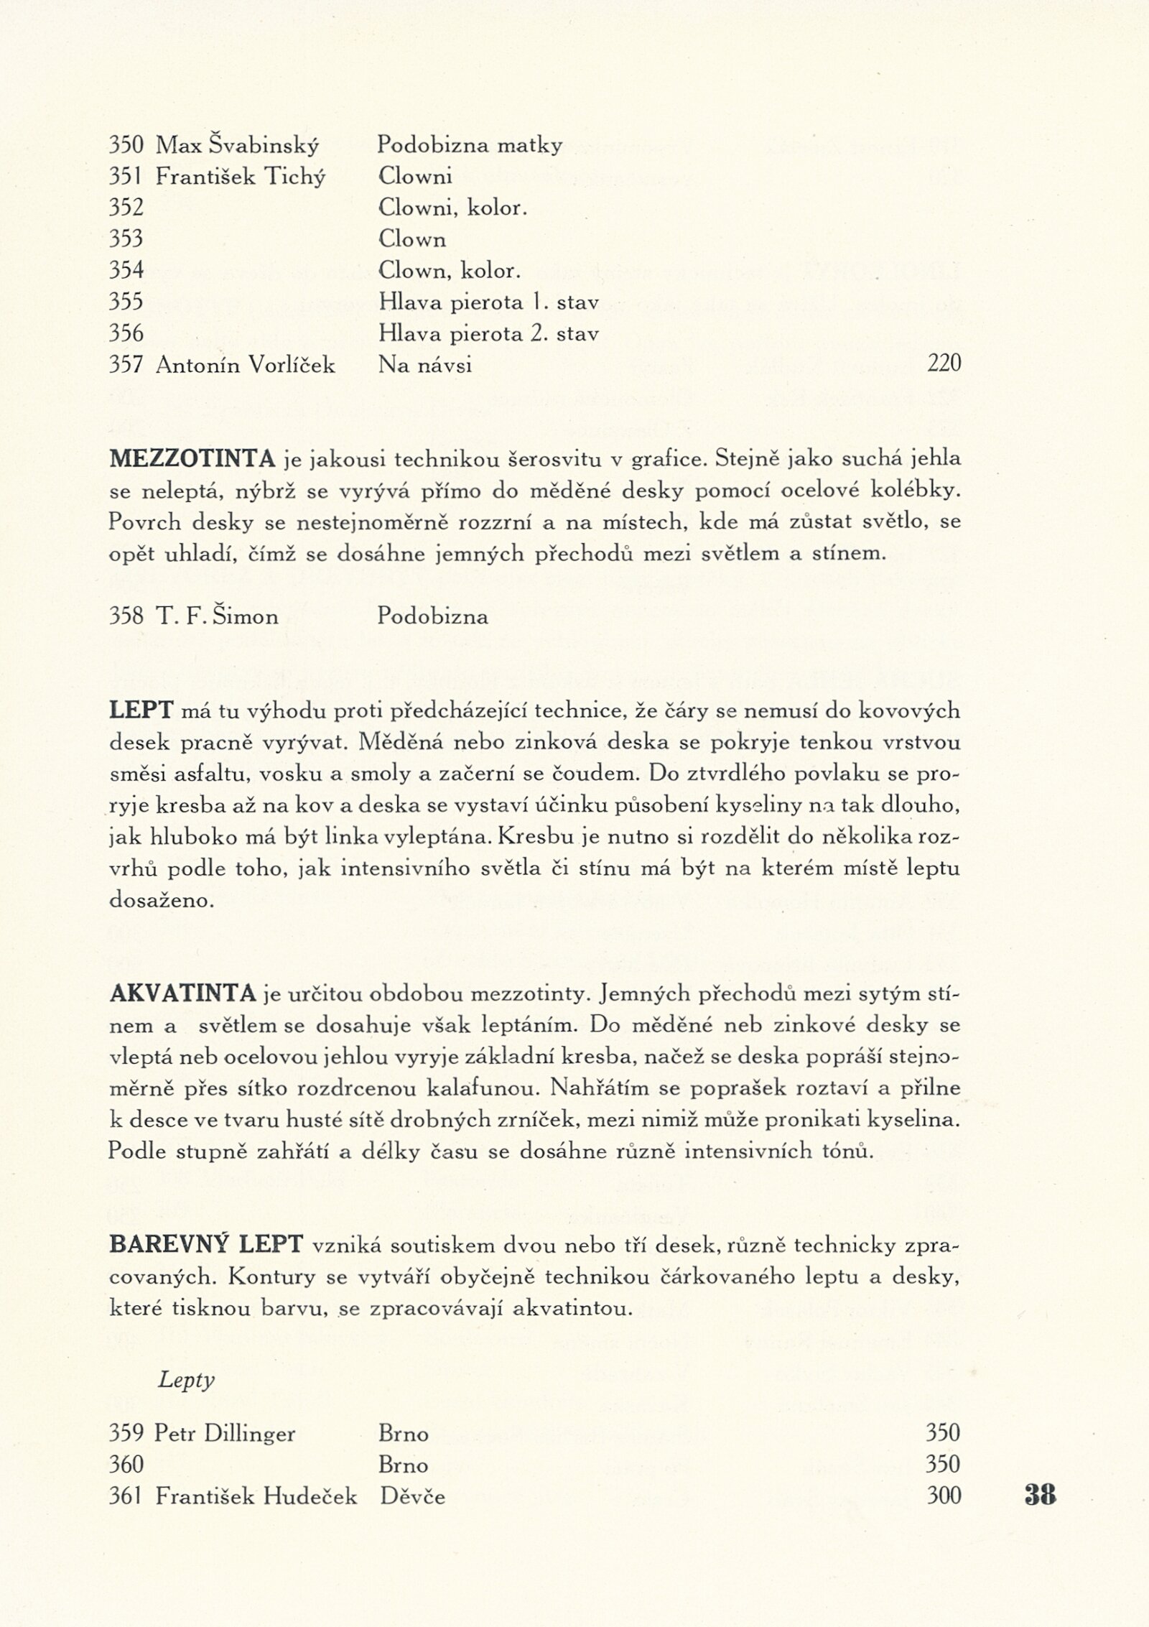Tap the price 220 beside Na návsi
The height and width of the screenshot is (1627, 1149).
coord(944,366)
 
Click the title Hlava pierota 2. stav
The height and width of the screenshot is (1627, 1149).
coord(488,334)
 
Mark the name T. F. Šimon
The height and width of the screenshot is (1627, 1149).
coord(216,617)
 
